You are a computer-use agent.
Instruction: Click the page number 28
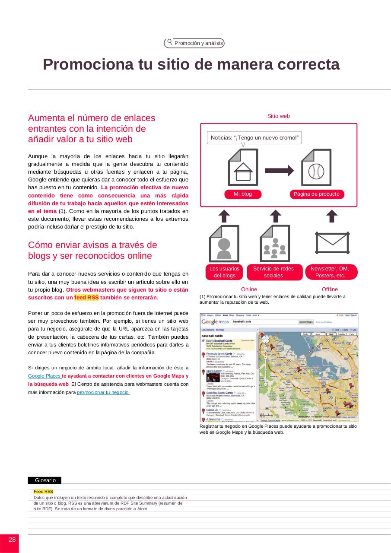(12, 540)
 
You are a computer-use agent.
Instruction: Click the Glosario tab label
(45, 480)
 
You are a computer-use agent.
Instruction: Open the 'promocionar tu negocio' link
(103, 392)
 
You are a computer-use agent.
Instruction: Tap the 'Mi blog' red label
(243, 194)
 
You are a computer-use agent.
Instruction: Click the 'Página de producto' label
(317, 194)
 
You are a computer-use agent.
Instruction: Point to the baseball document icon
(316, 168)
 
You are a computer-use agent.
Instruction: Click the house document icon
(243, 168)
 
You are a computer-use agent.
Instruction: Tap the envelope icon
(331, 243)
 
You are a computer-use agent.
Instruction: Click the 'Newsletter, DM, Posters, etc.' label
(330, 272)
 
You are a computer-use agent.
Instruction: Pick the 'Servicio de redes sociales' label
(273, 272)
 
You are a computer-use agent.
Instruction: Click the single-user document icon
(224, 244)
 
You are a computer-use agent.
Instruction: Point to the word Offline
(330, 289)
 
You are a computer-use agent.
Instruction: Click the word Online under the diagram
(249, 289)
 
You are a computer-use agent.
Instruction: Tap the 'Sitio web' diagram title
(279, 116)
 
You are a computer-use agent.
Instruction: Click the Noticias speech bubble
(254, 138)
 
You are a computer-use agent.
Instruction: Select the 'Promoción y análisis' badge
(194, 43)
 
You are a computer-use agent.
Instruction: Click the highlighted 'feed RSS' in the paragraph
(86, 298)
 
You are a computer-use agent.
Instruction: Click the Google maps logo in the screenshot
(215, 322)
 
